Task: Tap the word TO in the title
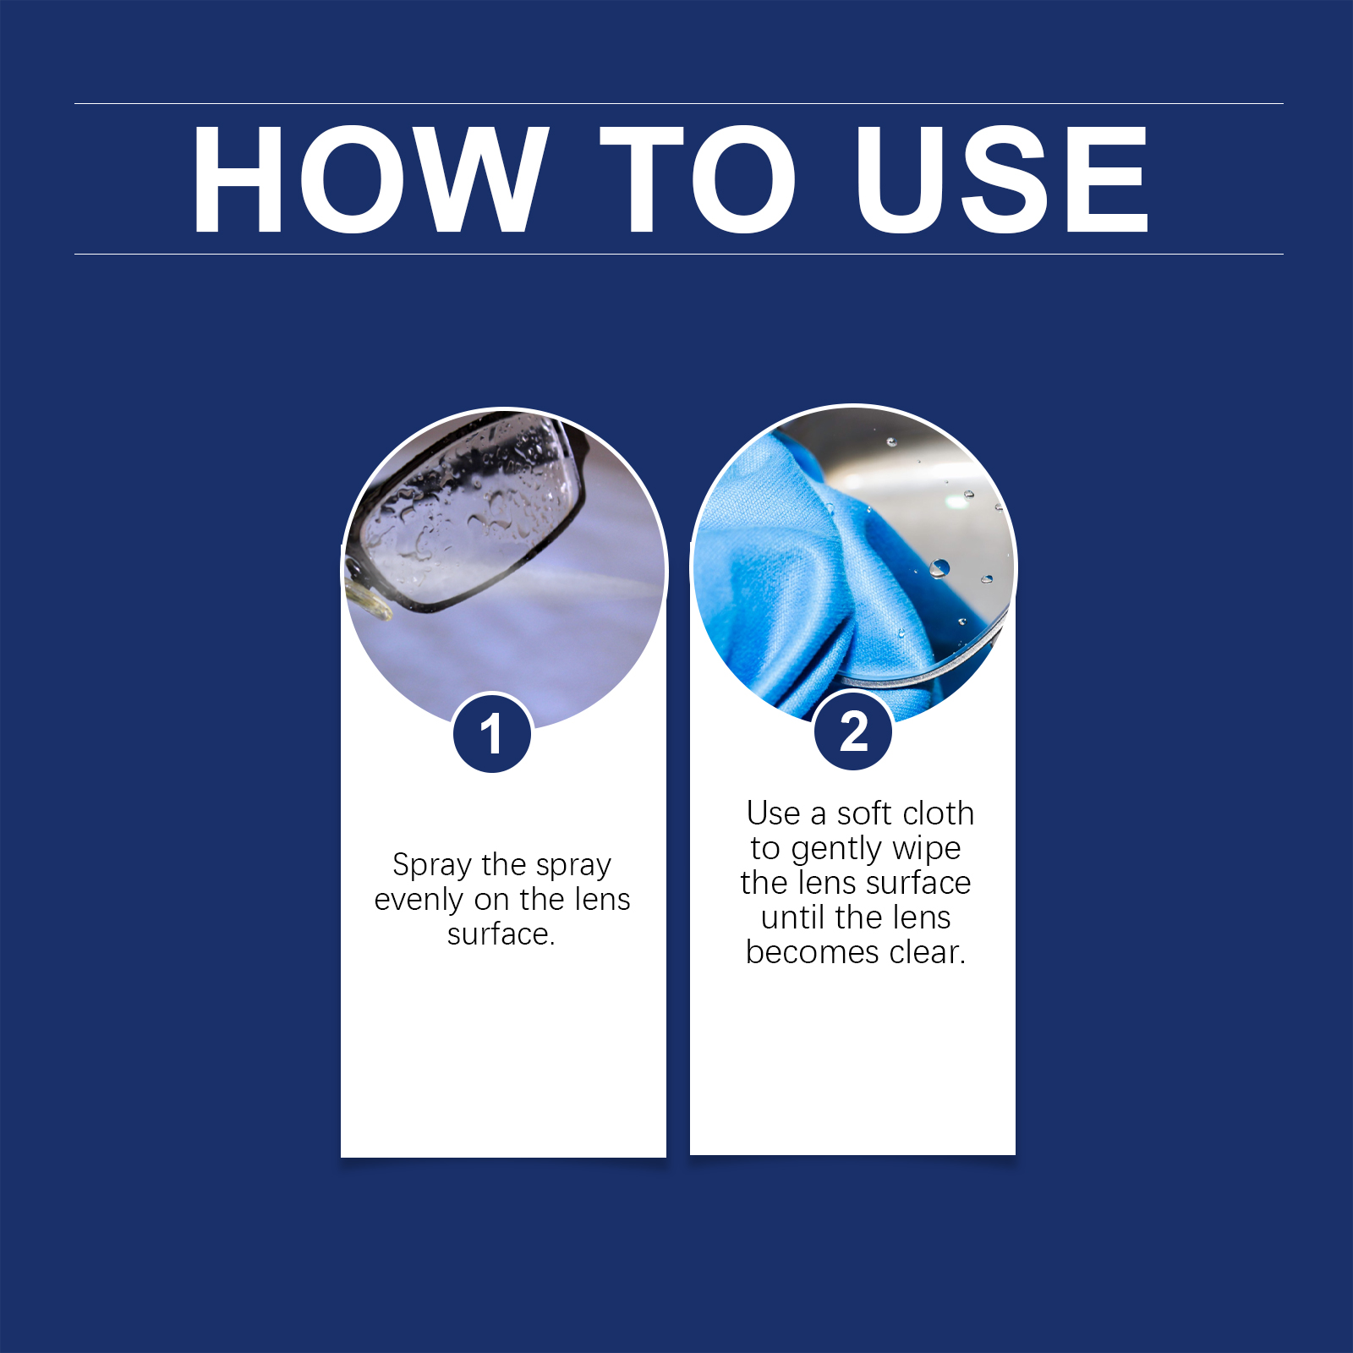[x=698, y=179]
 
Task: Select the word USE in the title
[x=1002, y=179]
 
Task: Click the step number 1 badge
[x=492, y=733]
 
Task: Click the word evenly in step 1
[x=419, y=900]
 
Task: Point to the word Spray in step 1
[x=432, y=865]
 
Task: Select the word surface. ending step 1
[x=501, y=934]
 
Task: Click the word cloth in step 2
[x=938, y=813]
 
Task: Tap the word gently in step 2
[x=836, y=849]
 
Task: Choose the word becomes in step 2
[x=812, y=952]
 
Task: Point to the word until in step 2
[x=793, y=918]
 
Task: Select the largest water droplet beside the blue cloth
[x=939, y=567]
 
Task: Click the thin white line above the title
[x=679, y=103]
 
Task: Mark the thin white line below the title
[x=679, y=254]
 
